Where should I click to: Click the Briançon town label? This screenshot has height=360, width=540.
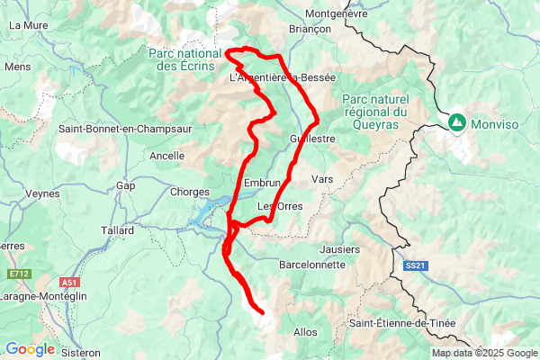point(310,29)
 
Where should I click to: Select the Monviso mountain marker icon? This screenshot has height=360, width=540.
point(457,121)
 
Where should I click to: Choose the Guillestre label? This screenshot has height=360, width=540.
point(313,139)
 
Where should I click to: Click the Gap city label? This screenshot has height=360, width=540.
point(126,186)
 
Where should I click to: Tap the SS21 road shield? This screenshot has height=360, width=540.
point(413,265)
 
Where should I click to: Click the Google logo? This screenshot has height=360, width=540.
point(30,349)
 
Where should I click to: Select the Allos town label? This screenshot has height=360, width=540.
point(306,332)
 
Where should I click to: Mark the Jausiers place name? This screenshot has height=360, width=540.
point(339,248)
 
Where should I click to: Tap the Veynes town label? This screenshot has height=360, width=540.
point(42,193)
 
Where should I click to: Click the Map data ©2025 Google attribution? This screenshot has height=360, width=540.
point(484,353)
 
